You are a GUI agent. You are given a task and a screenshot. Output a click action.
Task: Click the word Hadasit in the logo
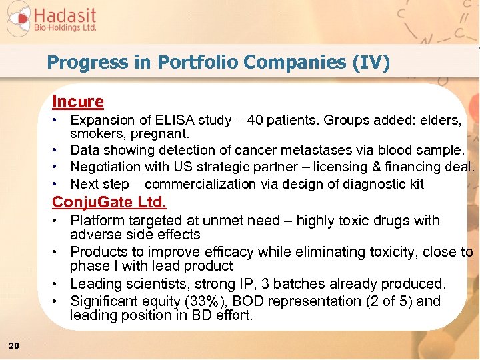pos(65,15)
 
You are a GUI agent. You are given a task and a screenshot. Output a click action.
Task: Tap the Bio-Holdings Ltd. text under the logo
pos(65,28)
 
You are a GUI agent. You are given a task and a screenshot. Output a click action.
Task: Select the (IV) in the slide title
pos(373,63)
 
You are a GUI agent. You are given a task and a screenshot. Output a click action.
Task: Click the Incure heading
pos(78,102)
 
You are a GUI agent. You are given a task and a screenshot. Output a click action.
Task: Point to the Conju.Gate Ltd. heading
pos(109,201)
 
